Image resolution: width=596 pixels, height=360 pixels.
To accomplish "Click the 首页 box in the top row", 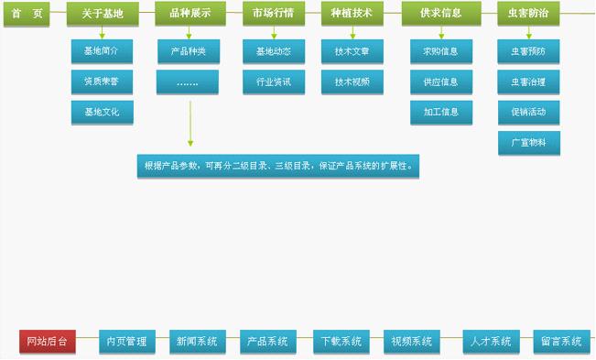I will coord(28,15).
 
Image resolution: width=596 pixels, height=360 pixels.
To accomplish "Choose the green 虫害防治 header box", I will coord(529,15).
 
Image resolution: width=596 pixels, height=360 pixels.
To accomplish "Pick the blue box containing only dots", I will coord(188,82).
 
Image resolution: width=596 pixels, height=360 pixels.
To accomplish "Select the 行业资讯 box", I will coord(274,82).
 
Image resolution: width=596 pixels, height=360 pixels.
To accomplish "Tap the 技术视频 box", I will coord(352,82).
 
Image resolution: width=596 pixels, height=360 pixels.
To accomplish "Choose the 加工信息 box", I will coord(441,113).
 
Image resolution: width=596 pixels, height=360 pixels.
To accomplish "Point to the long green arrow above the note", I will coord(190,124).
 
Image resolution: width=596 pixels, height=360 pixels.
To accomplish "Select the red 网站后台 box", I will coord(48,342).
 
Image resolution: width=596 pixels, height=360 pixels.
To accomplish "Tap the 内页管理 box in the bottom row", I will coord(126,342).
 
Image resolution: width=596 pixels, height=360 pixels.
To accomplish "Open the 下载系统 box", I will coord(341,342).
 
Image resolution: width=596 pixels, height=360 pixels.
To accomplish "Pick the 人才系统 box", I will coord(491,342).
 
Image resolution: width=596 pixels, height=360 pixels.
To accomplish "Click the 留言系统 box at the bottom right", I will coord(560,342).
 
